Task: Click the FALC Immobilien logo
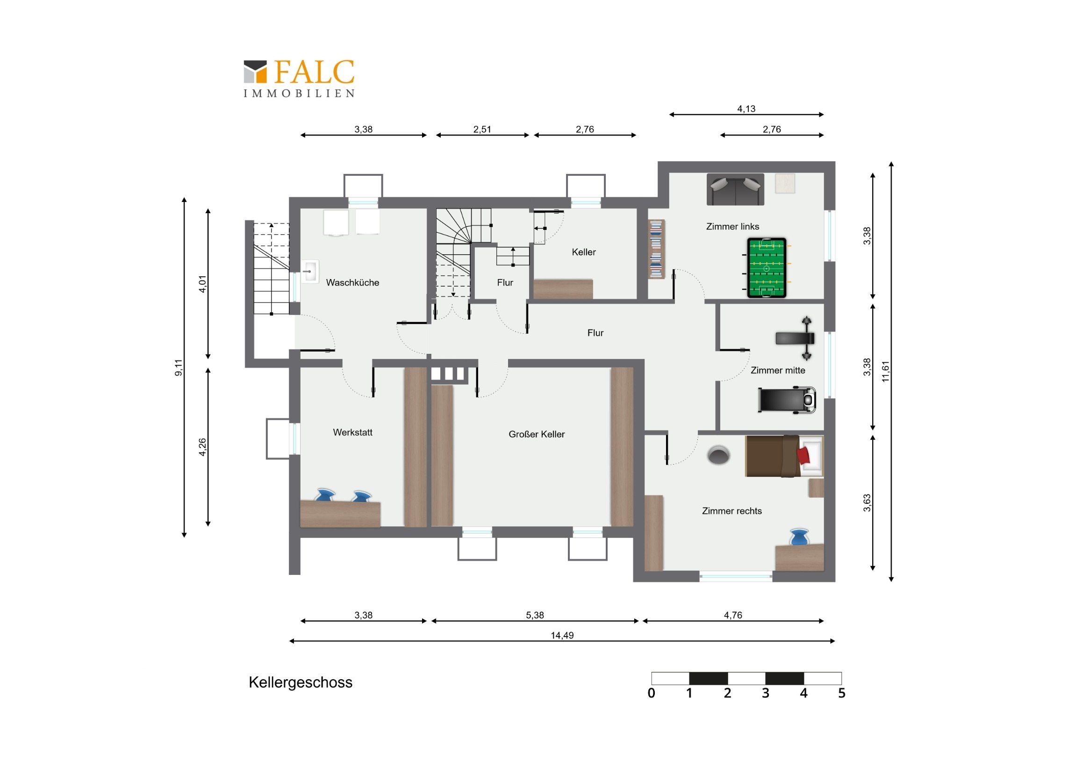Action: click(299, 78)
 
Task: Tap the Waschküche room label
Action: click(352, 283)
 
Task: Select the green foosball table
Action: click(767, 268)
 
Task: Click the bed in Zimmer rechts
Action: click(784, 456)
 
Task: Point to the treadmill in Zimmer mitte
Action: click(787, 400)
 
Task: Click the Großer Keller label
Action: click(537, 435)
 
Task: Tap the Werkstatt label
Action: click(352, 433)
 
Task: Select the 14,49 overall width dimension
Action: click(562, 636)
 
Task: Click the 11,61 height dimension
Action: click(885, 371)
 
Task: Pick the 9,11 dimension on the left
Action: click(179, 367)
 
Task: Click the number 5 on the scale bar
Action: click(842, 694)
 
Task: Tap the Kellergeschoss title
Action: click(301, 683)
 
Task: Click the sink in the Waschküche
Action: click(309, 272)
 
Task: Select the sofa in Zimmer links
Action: click(735, 189)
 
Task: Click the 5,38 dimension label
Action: click(535, 615)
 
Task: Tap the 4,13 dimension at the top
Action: click(746, 109)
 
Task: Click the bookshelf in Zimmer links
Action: click(656, 249)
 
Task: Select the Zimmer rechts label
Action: click(732, 511)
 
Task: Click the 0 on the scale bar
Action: click(651, 694)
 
